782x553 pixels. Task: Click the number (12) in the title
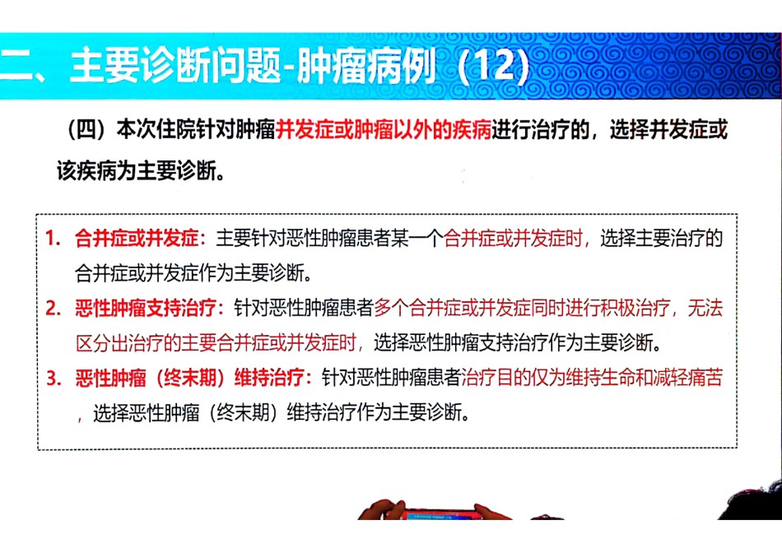(x=493, y=67)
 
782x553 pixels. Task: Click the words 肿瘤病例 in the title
(x=366, y=66)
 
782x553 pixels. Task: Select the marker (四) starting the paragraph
(x=86, y=131)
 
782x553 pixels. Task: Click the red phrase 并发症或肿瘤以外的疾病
(x=384, y=130)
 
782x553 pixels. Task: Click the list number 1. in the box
(x=53, y=239)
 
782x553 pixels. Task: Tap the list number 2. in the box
(x=53, y=308)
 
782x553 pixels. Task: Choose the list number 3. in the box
(x=53, y=378)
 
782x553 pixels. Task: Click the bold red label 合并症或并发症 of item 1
(x=137, y=239)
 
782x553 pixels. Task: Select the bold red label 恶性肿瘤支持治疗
(x=146, y=308)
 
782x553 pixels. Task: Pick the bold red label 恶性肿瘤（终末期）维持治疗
(x=189, y=378)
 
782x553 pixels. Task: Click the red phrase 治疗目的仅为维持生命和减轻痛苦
(x=592, y=378)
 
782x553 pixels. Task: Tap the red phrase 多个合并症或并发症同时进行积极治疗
(x=522, y=308)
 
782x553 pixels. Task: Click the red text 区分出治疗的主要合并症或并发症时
(x=216, y=343)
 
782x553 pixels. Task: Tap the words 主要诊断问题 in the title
(x=175, y=66)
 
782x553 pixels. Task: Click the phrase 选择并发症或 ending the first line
(x=668, y=130)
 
